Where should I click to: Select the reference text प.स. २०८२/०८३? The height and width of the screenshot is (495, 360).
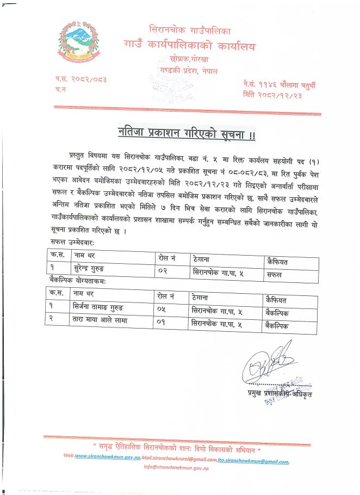coord(80,79)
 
